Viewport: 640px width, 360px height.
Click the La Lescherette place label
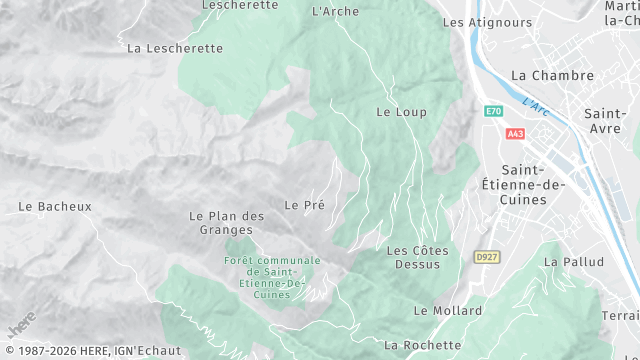175,47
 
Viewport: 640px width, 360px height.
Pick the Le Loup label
401,112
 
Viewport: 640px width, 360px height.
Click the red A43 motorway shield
515,133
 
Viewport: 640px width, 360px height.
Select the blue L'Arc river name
537,104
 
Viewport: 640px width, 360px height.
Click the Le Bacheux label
55,207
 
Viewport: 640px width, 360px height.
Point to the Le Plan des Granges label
226,222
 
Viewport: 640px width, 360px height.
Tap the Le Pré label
304,205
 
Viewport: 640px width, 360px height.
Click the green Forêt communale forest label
265,277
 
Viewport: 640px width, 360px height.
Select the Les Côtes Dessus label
417,257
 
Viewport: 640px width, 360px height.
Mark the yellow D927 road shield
486,257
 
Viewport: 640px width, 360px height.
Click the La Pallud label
573,262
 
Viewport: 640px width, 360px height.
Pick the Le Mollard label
447,311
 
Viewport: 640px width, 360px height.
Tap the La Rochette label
422,345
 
